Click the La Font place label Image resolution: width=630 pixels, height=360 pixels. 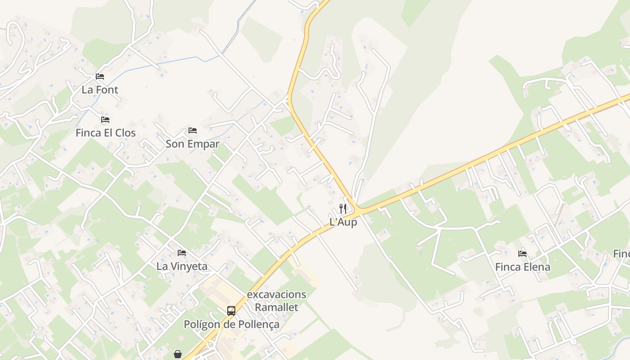[x=100, y=90]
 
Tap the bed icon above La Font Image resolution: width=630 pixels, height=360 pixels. [x=100, y=76]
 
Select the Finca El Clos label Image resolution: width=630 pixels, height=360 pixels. [x=105, y=133]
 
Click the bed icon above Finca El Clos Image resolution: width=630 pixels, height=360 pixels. [x=105, y=120]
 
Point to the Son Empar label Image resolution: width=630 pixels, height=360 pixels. [x=193, y=144]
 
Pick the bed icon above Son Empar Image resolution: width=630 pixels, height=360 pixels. [x=193, y=130]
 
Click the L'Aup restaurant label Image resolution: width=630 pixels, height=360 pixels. [x=343, y=222]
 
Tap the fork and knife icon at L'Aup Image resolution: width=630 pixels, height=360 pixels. [x=343, y=208]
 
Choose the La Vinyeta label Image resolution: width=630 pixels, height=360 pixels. [x=182, y=266]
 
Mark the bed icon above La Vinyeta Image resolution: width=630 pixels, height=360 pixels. [x=182, y=253]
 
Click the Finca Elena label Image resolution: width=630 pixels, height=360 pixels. [x=522, y=267]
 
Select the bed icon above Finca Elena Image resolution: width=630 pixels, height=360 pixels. [x=522, y=254]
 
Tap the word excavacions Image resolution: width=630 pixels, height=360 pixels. [x=277, y=295]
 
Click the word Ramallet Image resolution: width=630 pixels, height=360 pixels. [x=277, y=308]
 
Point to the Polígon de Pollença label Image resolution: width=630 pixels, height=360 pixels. [x=231, y=324]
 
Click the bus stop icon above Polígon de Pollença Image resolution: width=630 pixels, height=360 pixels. [x=231, y=311]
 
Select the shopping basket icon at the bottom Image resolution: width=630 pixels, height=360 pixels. [x=178, y=354]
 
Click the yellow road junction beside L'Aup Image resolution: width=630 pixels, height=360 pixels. [x=358, y=210]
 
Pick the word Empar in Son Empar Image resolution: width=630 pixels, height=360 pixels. [x=202, y=144]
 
